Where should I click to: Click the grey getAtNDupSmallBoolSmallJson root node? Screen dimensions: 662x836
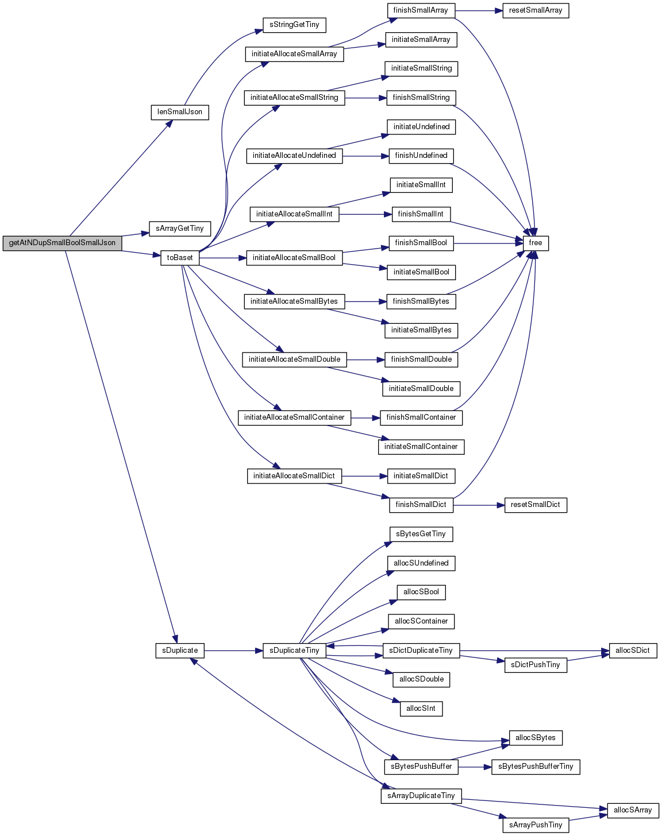click(62, 243)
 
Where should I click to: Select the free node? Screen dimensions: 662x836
click(536, 243)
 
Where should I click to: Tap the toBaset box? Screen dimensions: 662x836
click(180, 258)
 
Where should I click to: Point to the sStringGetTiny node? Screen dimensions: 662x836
click(294, 25)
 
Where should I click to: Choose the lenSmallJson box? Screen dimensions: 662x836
click(180, 113)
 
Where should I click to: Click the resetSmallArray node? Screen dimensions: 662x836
click(536, 10)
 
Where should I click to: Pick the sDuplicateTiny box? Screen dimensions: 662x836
click(294, 651)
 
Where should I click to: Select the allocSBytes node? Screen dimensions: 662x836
click(536, 738)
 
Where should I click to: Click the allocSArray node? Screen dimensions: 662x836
click(633, 810)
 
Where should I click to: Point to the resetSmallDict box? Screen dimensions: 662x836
click(536, 505)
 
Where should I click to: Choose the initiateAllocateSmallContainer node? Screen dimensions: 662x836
click(294, 418)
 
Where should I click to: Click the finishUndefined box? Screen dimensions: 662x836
click(421, 156)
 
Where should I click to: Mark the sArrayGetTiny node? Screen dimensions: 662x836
click(180, 229)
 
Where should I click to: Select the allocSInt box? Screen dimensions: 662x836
click(421, 709)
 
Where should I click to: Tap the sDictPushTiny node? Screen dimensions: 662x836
click(536, 665)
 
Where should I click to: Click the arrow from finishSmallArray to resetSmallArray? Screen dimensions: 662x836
click(479, 10)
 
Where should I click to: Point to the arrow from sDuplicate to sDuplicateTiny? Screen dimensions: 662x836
click(233, 651)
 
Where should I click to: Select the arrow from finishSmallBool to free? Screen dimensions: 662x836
click(488, 243)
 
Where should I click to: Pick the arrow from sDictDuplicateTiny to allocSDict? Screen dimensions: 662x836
click(534, 651)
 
